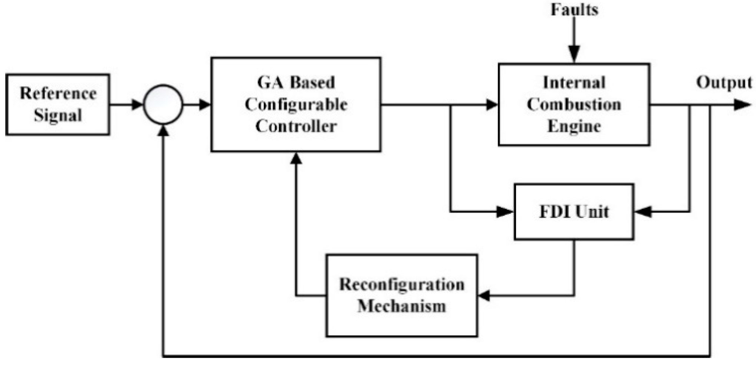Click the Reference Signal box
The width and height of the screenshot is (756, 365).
click(57, 104)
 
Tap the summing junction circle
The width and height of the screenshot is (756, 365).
click(163, 104)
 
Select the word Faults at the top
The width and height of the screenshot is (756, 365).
click(574, 10)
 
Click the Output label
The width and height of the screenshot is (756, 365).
click(724, 82)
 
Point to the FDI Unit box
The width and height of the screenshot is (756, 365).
click(574, 212)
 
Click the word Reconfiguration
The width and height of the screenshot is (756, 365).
click(402, 285)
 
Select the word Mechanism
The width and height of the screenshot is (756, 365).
click(402, 306)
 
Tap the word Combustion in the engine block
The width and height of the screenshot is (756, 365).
click(574, 104)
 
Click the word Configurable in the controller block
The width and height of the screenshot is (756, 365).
click(296, 104)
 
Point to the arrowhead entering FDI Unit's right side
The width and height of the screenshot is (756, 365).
click(643, 212)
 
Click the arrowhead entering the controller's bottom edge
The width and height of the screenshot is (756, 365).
click(296, 158)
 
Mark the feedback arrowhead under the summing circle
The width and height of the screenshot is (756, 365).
click(163, 130)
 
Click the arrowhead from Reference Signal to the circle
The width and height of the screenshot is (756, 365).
click(137, 104)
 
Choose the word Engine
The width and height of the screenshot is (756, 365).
click(574, 126)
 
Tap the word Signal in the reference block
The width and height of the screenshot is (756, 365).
click(58, 115)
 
